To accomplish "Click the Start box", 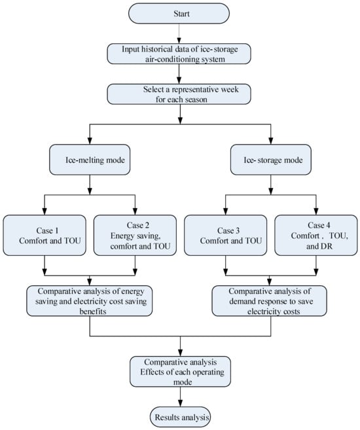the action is pos(179,14).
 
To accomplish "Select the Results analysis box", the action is pos(181,417).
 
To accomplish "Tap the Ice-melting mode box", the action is pos(90,160).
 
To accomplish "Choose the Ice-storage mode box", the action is pos(271,160).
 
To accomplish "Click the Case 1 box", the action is pos(45,236).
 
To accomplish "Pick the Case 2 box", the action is pos(135,236).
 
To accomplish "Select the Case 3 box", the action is pos(225,236).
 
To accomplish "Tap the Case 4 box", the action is pos(316,236).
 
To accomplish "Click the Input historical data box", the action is pos(179,54).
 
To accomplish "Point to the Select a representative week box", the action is pos(179,94).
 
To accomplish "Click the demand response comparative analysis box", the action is pos(270,301).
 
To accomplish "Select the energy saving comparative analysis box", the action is pos(90,301).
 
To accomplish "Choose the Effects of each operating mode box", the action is pos(180,372).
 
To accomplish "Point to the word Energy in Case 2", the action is pos(122,236).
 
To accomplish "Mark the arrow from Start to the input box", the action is pos(179,33).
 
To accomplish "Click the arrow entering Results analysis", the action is pos(180,397).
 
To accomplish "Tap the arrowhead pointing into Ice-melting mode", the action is pos(90,141).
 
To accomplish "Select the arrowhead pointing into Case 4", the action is pos(316,211).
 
